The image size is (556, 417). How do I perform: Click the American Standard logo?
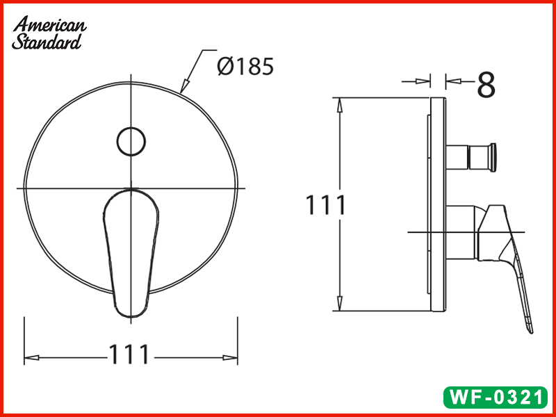pos(49,32)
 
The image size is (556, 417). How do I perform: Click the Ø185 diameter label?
pos(245,67)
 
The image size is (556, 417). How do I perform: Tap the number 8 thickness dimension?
pos(486,84)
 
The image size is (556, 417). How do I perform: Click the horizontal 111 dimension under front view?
pos(129,354)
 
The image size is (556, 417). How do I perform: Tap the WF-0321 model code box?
pos(496,398)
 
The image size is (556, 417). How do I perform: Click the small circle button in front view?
pos(131,141)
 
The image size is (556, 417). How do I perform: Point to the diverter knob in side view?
pos(471,157)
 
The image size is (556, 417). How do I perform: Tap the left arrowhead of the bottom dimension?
pos(32,358)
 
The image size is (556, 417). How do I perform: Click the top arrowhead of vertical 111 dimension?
pos(340,104)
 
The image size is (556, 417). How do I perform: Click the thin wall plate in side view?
pos(438,206)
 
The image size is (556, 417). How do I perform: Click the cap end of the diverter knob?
pos(493,156)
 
